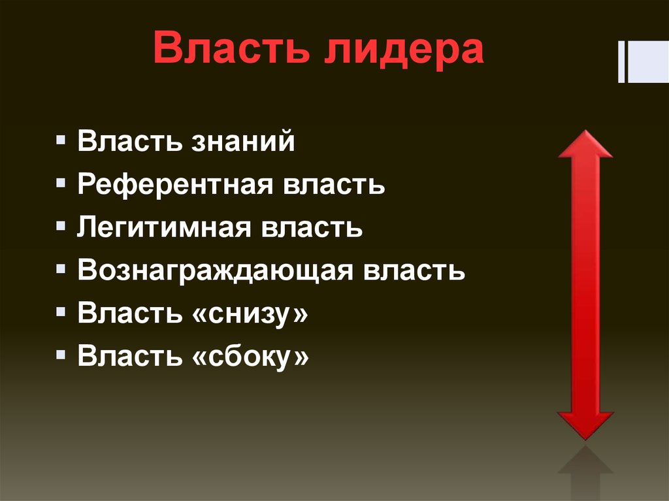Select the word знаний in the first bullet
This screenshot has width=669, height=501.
click(x=243, y=142)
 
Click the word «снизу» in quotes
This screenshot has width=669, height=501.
click(x=250, y=314)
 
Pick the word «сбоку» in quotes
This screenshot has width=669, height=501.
click(x=250, y=357)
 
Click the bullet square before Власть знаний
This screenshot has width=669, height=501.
click(x=61, y=141)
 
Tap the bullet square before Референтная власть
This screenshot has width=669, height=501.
click(x=61, y=184)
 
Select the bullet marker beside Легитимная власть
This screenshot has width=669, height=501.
click(x=61, y=227)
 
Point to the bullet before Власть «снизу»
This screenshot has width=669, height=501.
click(x=61, y=313)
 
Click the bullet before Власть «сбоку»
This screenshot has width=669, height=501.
click(x=61, y=355)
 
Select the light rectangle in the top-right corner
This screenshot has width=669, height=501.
click(x=647, y=62)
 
